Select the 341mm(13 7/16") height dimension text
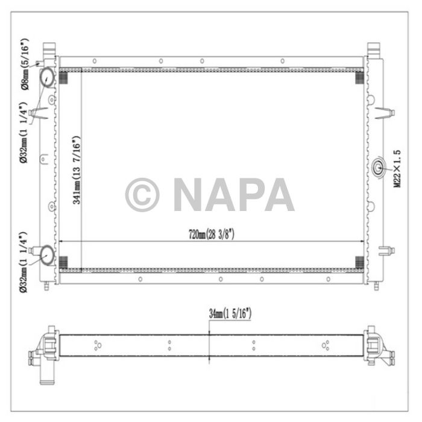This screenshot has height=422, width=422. click(x=77, y=171)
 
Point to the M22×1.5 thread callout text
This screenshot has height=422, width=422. click(x=397, y=171)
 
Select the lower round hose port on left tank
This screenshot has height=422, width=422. click(x=46, y=256)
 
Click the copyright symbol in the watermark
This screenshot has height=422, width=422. click(x=142, y=194)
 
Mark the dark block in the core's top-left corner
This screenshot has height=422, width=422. click(x=65, y=76)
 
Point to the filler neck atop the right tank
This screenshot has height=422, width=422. click(x=374, y=48)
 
